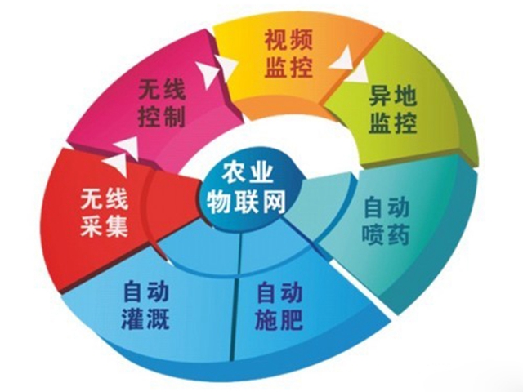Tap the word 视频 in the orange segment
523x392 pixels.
point(288,40)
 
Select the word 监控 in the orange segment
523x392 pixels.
point(288,67)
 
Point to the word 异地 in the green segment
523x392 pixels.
point(392,96)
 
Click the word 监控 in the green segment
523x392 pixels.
point(392,123)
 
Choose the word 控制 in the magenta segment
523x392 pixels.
point(162,117)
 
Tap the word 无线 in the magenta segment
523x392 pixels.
point(162,89)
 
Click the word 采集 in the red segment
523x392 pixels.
point(104,226)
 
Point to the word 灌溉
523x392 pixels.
point(145,319)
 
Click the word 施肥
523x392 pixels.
point(279,319)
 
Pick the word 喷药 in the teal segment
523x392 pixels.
point(385,234)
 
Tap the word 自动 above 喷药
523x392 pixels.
point(386,207)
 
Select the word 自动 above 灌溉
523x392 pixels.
point(145,291)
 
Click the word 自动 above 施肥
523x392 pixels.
point(279,292)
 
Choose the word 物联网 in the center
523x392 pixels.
point(246,202)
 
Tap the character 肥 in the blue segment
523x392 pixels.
point(291,319)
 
